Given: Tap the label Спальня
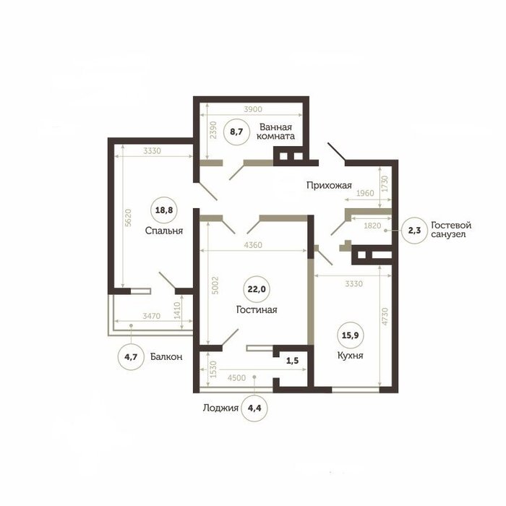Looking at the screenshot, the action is click(164, 231).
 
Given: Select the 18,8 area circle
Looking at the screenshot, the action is click(164, 210).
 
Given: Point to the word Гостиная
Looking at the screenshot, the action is click(257, 310).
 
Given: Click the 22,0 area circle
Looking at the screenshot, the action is click(257, 289).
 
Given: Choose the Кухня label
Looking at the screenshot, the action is click(350, 356).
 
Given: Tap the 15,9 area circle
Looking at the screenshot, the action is click(350, 335).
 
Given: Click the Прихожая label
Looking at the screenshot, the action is click(329, 186).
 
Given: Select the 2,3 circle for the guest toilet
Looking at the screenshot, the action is click(415, 231).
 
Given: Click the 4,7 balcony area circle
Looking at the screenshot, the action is click(131, 356).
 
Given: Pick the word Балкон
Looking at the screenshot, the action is click(166, 356).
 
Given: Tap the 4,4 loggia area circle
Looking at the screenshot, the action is click(254, 408).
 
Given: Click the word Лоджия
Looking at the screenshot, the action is click(220, 408).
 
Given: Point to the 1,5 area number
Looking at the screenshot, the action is click(292, 361).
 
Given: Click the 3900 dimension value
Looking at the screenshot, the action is click(253, 109).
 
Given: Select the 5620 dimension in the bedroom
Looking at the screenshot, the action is click(128, 218).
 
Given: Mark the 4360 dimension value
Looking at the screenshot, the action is click(253, 245).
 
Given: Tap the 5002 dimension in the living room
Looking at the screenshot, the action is click(215, 286).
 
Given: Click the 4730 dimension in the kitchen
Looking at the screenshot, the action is click(385, 317).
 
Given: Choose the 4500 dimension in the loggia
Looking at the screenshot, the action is click(236, 378).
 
